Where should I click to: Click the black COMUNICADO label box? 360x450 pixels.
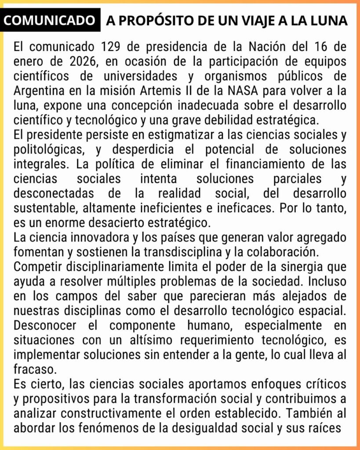pos(51,21)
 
